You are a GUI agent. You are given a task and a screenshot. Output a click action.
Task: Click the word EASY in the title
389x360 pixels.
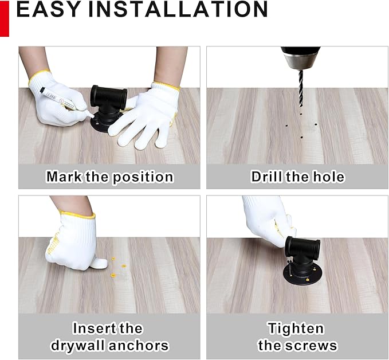click(48, 9)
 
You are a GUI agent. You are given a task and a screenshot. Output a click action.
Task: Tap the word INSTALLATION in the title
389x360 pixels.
click(178, 9)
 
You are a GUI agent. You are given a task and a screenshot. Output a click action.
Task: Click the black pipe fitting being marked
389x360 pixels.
click(108, 107)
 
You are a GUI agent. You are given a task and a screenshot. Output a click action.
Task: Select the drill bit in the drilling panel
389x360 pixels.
click(301, 89)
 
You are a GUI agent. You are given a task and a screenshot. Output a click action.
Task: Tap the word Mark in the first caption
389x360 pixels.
click(64, 177)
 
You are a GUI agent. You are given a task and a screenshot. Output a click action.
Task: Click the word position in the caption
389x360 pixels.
click(143, 177)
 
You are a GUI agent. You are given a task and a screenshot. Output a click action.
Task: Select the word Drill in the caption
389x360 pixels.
click(266, 177)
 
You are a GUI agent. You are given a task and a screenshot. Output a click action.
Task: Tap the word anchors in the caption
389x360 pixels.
click(139, 345)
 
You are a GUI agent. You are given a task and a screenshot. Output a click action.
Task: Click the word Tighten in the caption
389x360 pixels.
click(296, 328)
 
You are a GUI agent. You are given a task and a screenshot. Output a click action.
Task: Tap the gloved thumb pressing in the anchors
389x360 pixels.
click(99, 263)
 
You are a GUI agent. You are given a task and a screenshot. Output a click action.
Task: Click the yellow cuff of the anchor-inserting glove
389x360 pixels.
click(77, 215)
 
